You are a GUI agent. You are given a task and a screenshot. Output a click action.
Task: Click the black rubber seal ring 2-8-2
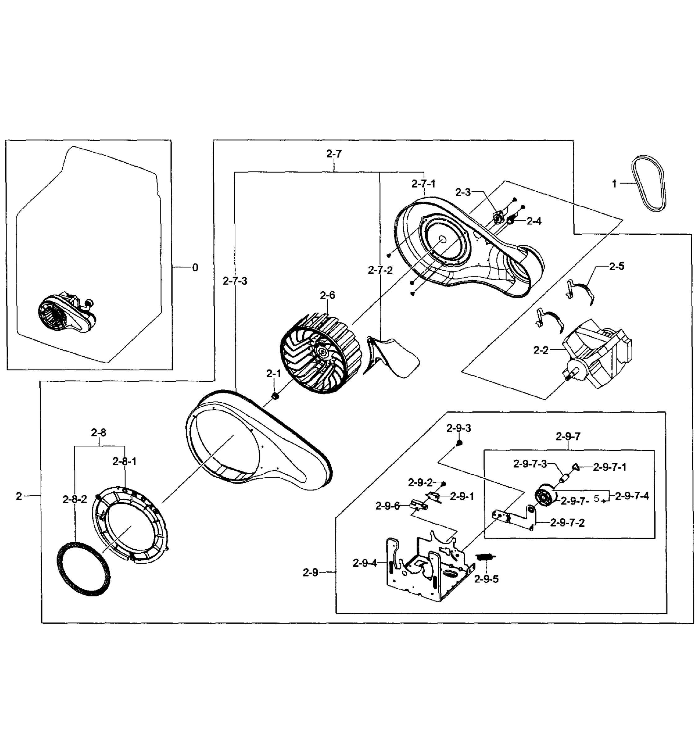[x=83, y=569]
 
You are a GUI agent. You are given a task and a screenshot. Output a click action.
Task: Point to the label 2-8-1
[x=125, y=462]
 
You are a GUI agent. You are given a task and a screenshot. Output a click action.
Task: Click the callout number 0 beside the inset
[x=195, y=268]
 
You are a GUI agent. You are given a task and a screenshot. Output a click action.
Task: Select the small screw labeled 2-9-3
[x=459, y=443]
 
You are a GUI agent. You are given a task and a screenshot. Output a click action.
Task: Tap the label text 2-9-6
[x=387, y=506]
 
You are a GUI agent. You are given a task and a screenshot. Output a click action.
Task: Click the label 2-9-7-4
[x=632, y=496]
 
